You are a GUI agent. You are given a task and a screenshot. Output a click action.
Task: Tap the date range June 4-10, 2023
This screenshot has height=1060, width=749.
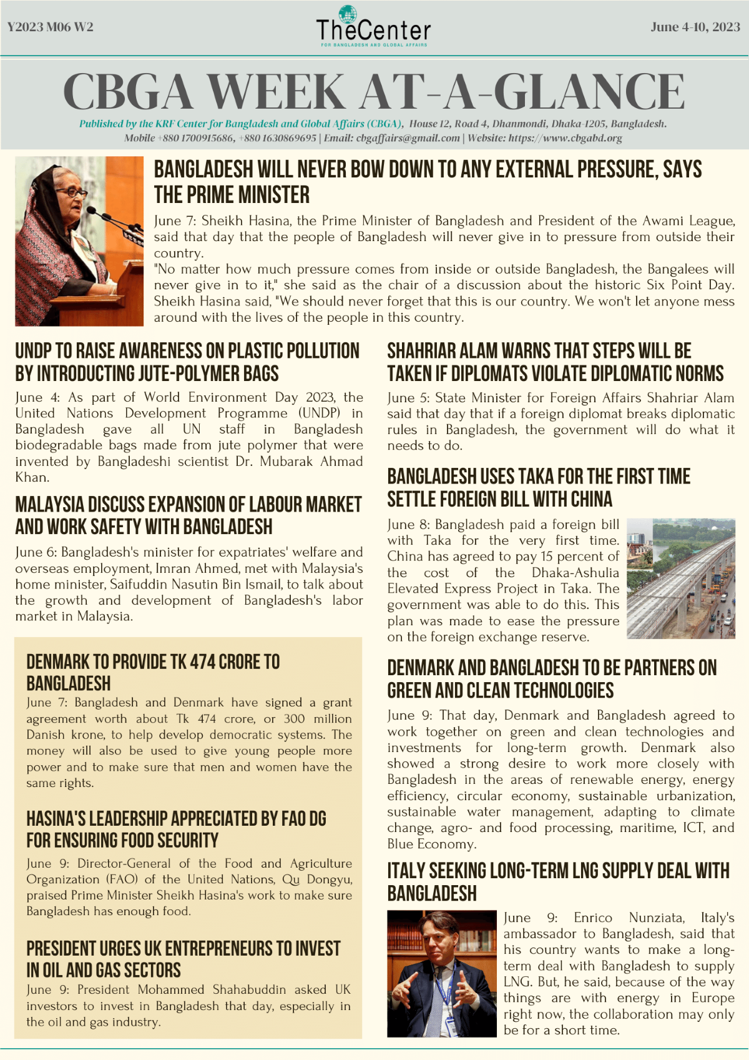pyautogui.click(x=695, y=27)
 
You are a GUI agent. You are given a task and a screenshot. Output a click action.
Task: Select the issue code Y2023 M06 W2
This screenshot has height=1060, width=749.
pyautogui.click(x=51, y=27)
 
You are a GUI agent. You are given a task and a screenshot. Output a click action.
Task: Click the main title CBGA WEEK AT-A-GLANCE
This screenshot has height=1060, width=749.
pyautogui.click(x=374, y=92)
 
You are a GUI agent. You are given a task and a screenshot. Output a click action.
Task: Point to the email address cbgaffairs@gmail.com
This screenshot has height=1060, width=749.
pyautogui.click(x=408, y=138)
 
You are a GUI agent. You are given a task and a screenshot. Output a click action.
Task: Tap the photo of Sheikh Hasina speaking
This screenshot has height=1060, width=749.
pyautogui.click(x=79, y=241)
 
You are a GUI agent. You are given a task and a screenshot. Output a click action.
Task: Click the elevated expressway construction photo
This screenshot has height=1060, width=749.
pyautogui.click(x=680, y=578)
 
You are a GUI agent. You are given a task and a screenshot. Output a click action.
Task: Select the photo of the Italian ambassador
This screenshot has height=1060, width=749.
pyautogui.click(x=441, y=973)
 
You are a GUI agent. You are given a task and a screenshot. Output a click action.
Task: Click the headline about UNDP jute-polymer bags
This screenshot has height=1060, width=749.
pyautogui.click(x=187, y=362)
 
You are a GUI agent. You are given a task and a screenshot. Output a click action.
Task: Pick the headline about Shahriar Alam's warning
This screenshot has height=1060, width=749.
pyautogui.click(x=555, y=362)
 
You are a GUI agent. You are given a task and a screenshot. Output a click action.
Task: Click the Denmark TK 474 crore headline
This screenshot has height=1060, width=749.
pyautogui.click(x=153, y=672)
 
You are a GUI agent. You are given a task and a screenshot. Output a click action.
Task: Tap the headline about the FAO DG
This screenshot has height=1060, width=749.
pyautogui.click(x=176, y=829)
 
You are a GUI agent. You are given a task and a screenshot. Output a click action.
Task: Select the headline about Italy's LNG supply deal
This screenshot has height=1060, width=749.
pyautogui.click(x=558, y=881)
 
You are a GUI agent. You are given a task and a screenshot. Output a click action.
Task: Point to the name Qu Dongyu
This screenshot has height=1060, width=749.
pyautogui.click(x=317, y=879)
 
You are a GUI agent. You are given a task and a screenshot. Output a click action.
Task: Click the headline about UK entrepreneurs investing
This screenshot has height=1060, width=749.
pyautogui.click(x=183, y=959)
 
